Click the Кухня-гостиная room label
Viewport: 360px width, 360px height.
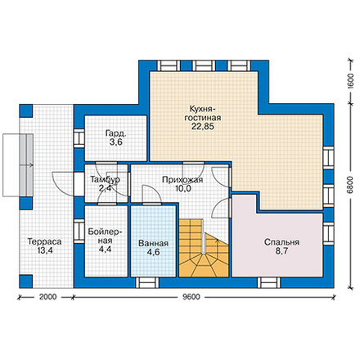pos(203,113)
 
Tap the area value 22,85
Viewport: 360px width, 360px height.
pos(203,127)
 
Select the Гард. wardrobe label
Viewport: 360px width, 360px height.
pos(115,133)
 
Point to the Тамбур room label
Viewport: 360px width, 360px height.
pos(105,179)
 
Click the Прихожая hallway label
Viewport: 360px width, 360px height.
pos(182,180)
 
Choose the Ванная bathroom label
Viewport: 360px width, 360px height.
pos(153,243)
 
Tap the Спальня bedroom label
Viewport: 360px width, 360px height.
pos(281,242)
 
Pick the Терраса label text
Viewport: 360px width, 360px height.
pos(44,241)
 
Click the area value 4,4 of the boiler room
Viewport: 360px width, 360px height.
pos(105,250)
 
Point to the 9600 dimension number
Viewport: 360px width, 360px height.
pos(191,297)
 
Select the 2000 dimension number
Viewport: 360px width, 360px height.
pos(48,297)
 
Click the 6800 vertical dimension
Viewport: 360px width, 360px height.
pos(350,185)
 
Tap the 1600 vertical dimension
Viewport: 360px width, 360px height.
pos(350,81)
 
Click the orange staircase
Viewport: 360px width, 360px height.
pos(204,248)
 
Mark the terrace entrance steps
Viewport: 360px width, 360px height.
pos(18,165)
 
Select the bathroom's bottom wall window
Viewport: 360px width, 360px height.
pos(147,282)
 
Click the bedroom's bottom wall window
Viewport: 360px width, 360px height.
pos(269,282)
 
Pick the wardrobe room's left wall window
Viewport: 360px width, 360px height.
pos(79,138)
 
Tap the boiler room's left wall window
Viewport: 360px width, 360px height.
pos(79,232)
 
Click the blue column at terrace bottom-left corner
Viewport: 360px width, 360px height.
pos(26,281)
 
